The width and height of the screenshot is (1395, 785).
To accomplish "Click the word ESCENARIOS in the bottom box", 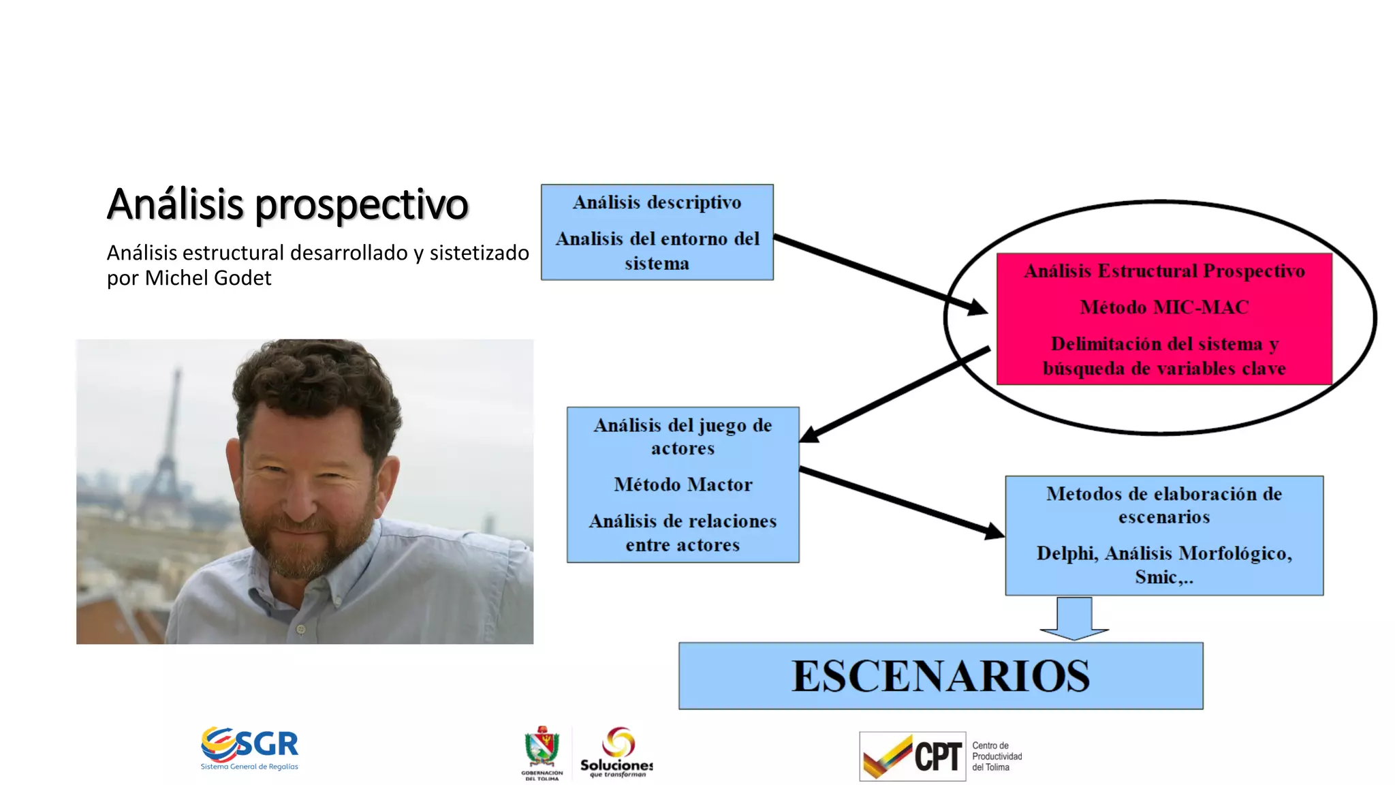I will point(940,676).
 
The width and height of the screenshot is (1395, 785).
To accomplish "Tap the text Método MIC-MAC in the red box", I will point(1164,307).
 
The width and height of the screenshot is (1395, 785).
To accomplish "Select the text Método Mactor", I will point(683,484).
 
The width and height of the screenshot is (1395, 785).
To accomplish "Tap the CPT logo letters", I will point(937,757).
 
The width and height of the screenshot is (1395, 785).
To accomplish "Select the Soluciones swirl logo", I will point(618,742).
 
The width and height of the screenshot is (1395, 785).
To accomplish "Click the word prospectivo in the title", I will point(362,204).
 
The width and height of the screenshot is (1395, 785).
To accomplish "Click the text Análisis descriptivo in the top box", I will point(657,202).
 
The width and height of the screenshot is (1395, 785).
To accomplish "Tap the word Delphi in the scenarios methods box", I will point(1067,553).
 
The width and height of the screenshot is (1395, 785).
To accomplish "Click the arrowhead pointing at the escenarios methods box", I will point(994,530).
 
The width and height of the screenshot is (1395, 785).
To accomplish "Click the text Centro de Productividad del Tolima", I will point(997,756).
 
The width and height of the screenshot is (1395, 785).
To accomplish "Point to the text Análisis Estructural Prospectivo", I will point(1164,271).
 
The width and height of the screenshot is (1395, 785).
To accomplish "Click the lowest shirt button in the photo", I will point(301,628).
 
